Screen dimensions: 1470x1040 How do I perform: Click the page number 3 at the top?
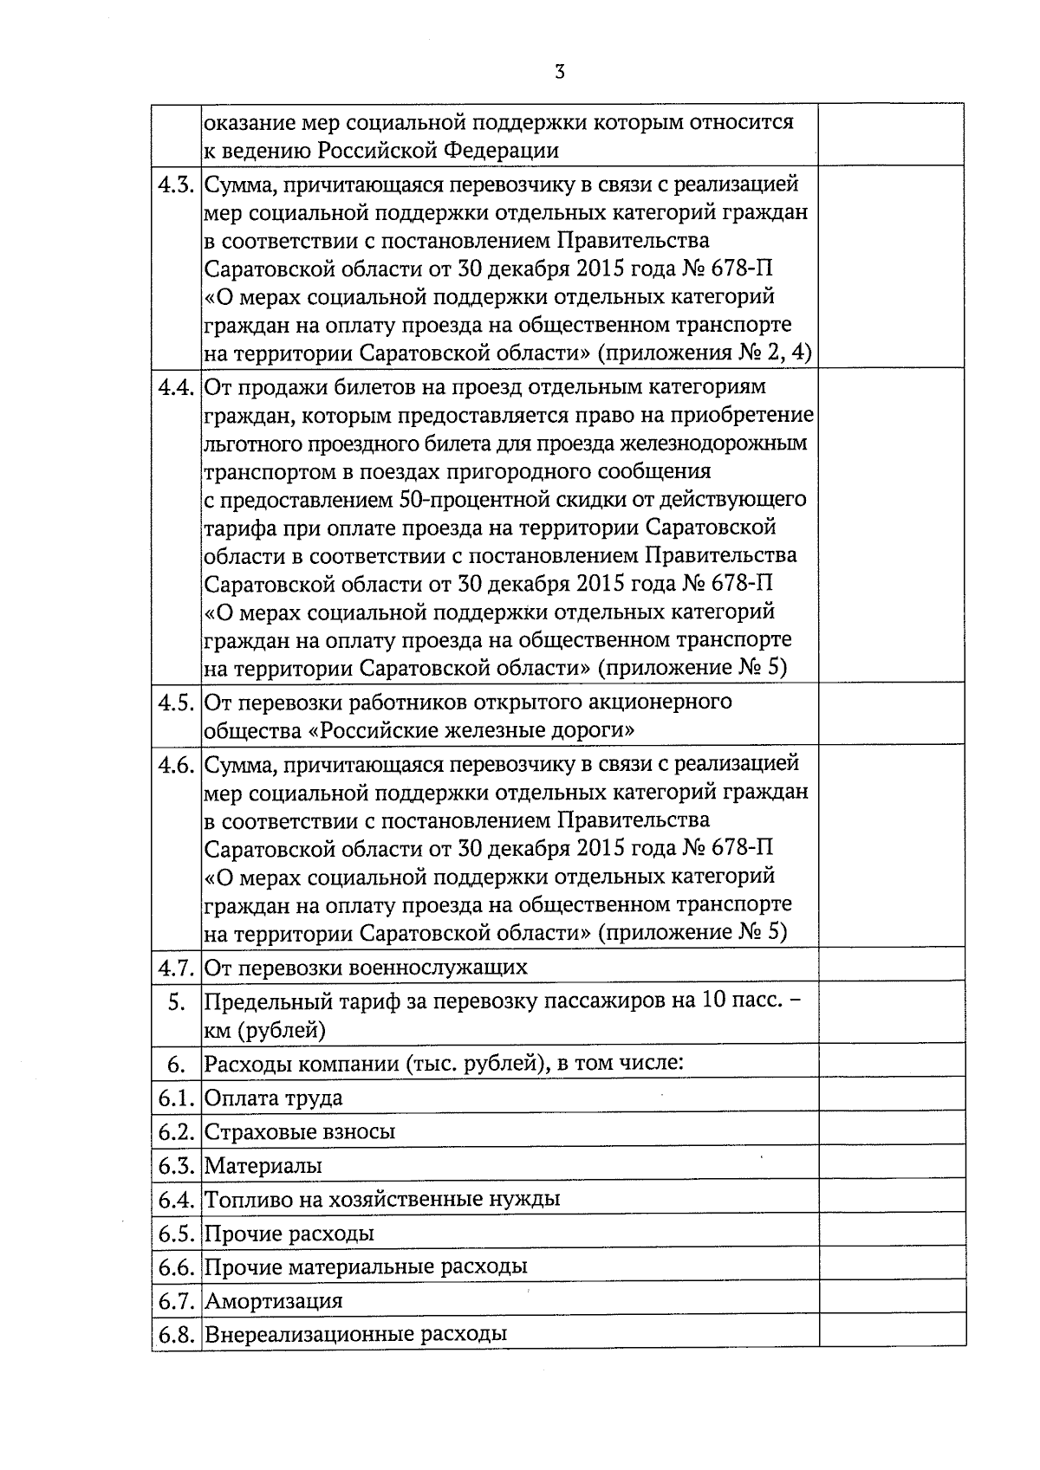coord(559,72)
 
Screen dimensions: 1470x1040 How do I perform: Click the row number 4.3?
coord(176,184)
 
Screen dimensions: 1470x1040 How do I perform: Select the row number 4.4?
coord(176,386)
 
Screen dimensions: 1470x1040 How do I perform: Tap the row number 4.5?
coord(176,702)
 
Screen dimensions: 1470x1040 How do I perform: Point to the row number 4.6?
coord(176,765)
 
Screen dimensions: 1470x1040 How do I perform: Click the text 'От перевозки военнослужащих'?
coord(366,967)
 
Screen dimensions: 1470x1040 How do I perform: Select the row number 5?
coord(176,1002)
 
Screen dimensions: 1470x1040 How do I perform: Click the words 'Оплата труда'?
coord(273,1098)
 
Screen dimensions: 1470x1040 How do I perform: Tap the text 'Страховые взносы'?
coord(300,1131)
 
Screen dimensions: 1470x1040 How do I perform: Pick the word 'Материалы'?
coord(263,1165)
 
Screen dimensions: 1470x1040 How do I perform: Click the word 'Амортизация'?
coord(273,1300)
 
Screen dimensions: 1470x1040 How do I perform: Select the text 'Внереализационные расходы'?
coord(355,1334)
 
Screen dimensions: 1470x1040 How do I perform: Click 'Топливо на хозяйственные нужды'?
coord(382,1199)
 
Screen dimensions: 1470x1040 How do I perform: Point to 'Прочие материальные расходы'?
coord(366,1266)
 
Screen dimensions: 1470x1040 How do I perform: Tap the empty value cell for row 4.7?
coord(892,964)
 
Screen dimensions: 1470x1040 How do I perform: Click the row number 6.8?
coord(176,1334)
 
